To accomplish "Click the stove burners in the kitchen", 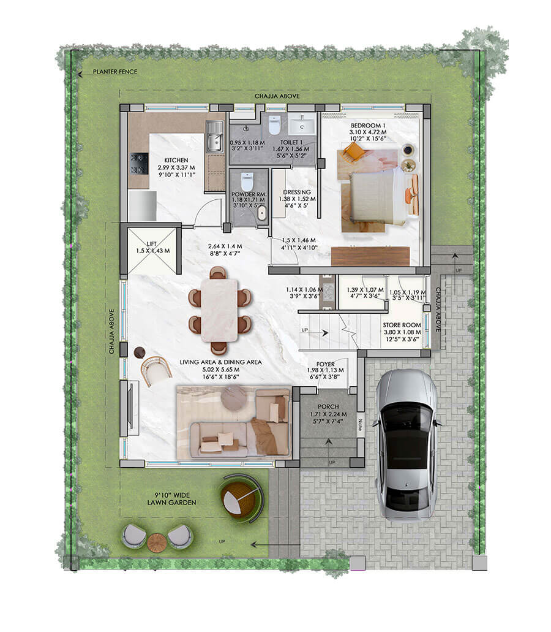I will (x=138, y=162).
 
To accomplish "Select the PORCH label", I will (x=328, y=406).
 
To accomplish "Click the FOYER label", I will (x=325, y=364).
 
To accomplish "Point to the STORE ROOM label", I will (x=402, y=325).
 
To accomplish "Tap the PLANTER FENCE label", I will (x=114, y=72).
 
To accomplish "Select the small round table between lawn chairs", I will (x=156, y=541).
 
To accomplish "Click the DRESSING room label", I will (x=297, y=192).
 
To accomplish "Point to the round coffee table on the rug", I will (x=233, y=399).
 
